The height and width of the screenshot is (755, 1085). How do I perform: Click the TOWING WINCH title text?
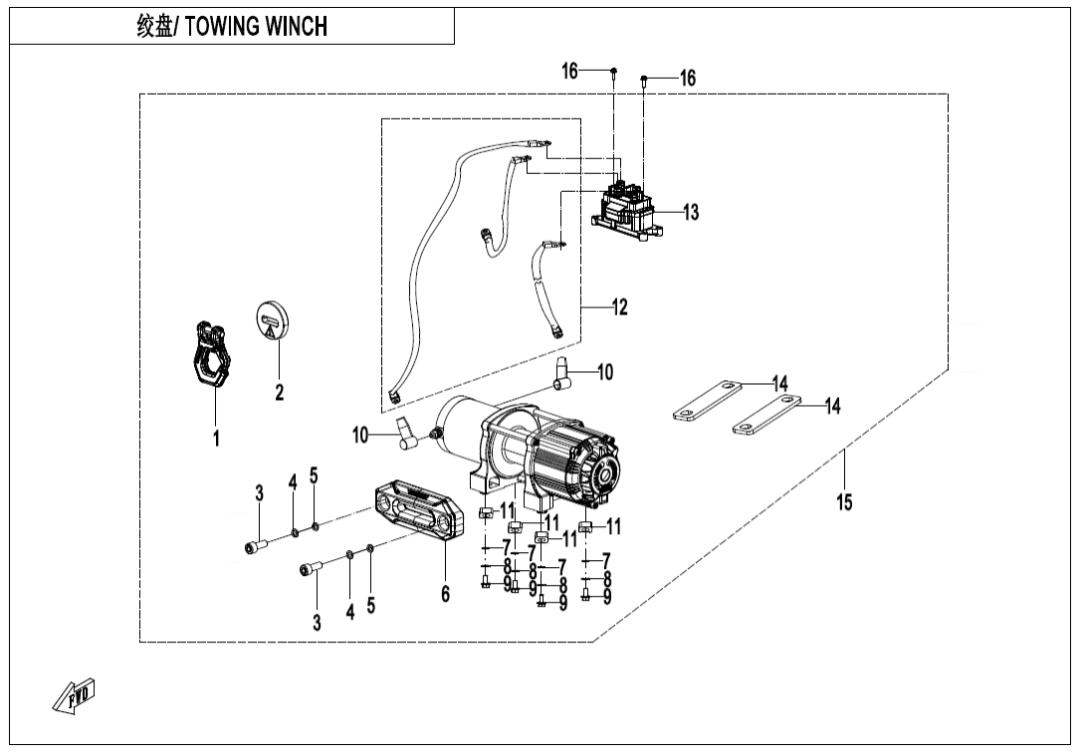tap(232, 26)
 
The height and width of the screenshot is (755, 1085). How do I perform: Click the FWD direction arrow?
tap(75, 696)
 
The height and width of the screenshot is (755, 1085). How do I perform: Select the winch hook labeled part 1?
tap(209, 354)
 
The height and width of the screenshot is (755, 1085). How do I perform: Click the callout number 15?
tap(844, 502)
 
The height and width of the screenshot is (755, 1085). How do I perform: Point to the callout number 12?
tap(619, 307)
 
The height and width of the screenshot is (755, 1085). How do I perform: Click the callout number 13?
tap(690, 212)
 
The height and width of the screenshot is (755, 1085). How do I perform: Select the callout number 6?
tap(445, 594)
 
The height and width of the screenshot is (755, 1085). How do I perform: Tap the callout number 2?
tap(280, 393)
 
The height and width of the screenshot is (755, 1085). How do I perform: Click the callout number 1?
tap(215, 438)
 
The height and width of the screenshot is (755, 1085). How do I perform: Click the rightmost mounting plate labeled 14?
tap(766, 414)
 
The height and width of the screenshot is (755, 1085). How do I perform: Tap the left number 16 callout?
tap(569, 71)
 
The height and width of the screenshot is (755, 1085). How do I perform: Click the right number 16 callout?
tap(688, 79)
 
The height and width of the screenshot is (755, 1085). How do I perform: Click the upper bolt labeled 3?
tap(254, 545)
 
